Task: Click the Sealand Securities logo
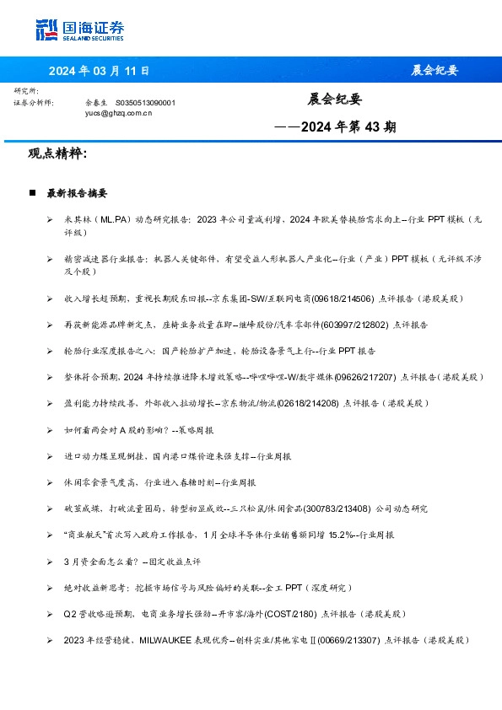[80, 30]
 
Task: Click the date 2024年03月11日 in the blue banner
[99, 70]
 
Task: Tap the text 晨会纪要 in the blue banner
[435, 70]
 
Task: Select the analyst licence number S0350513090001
[145, 102]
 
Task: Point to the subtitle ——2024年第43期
[335, 127]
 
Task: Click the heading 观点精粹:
[57, 153]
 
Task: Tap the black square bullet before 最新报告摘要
[32, 193]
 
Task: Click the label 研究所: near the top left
[26, 91]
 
